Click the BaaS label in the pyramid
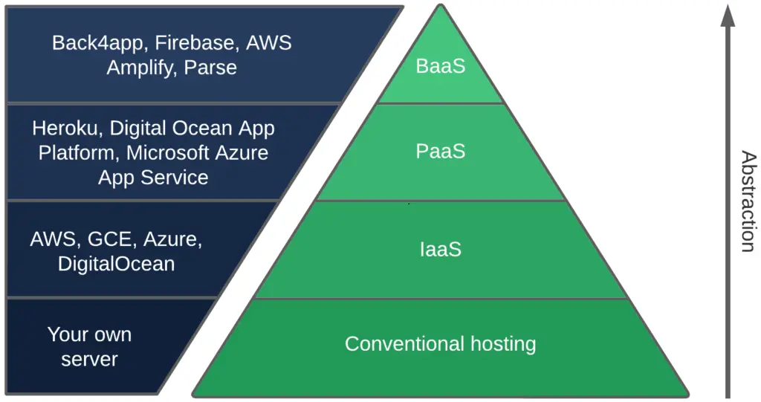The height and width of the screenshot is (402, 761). pos(441,66)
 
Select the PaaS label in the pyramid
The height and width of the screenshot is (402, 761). pos(441,152)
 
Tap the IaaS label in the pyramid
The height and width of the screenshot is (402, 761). pos(441,249)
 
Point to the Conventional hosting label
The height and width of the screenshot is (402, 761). pos(440,344)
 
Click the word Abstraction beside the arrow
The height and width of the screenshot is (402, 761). pos(748,201)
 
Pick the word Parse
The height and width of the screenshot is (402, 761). pos(210,68)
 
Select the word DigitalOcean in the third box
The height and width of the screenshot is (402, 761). pos(116,264)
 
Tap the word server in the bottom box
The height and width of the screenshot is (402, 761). pos(89,360)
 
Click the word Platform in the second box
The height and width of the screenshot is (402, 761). pos(79,153)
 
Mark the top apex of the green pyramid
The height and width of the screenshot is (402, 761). pos(441,6)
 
